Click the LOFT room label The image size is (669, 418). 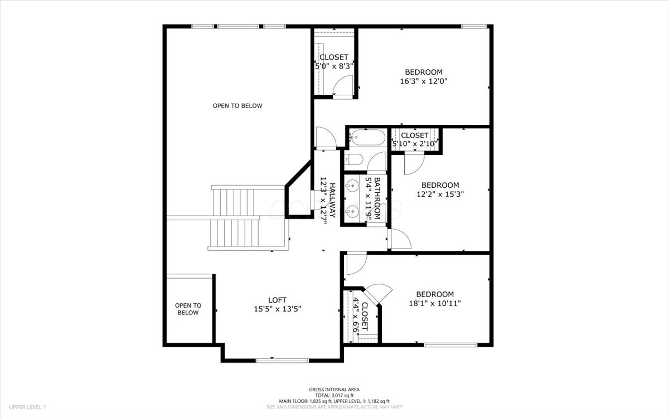click(x=277, y=300)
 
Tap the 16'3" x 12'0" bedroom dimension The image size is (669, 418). click(x=424, y=81)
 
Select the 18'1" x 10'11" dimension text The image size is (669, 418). click(x=434, y=303)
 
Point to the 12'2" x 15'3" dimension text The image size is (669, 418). click(x=440, y=194)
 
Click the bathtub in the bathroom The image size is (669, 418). click(x=367, y=137)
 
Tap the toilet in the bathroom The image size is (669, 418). click(x=353, y=159)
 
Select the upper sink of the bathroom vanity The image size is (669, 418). click(x=352, y=186)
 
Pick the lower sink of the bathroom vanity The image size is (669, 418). click(x=352, y=212)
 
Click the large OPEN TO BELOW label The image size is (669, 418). click(x=237, y=106)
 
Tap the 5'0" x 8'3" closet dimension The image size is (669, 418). click(x=334, y=66)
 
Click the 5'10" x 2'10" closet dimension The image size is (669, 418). click(x=415, y=144)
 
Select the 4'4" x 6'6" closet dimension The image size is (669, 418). click(x=356, y=315)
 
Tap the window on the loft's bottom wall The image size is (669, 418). click(x=282, y=361)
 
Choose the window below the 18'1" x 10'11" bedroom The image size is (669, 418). click(x=450, y=345)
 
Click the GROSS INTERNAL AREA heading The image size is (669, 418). click(x=334, y=390)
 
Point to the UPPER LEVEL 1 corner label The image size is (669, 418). click(x=27, y=407)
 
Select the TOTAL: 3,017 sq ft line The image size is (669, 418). click(x=334, y=395)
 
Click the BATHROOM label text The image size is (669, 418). click(x=377, y=198)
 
